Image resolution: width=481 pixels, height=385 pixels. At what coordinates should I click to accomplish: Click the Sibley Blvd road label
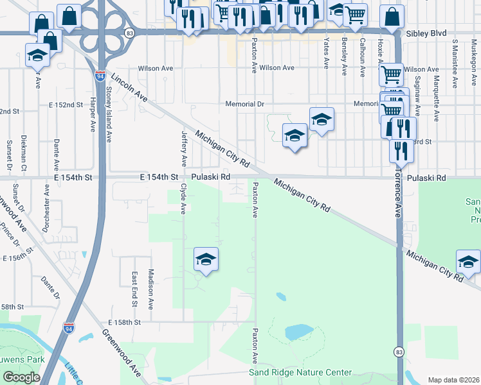(427, 33)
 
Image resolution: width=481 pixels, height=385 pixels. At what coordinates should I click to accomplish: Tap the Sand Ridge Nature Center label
(300, 373)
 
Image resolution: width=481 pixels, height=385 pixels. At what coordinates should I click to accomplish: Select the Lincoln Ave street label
(129, 87)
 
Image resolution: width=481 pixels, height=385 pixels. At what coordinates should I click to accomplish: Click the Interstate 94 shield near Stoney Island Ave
(100, 76)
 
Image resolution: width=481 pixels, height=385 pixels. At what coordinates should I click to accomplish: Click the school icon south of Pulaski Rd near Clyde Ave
(206, 259)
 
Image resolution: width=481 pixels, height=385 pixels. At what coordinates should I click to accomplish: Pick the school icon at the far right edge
(468, 262)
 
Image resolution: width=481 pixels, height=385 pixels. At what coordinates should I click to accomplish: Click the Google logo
(21, 377)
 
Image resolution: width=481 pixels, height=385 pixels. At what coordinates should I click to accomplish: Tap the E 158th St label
(124, 321)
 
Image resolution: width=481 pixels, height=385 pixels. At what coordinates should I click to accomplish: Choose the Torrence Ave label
(397, 196)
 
